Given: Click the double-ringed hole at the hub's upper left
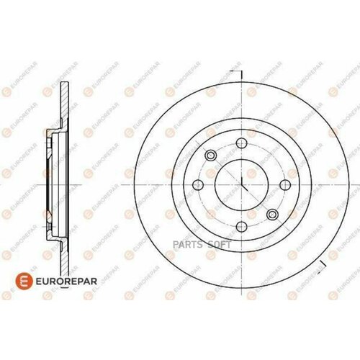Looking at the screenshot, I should (x=210, y=156).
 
